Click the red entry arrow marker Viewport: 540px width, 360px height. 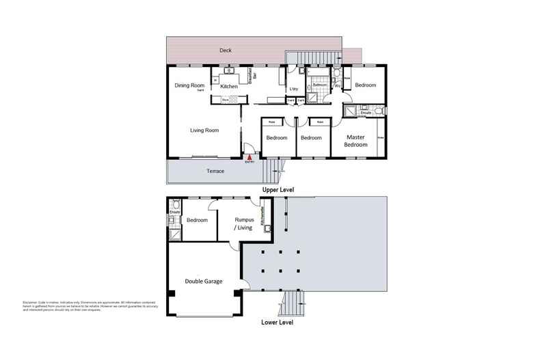[250, 157]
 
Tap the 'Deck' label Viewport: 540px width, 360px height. [225, 51]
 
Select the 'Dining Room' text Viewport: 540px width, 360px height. [189, 85]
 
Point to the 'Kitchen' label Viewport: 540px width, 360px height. [229, 87]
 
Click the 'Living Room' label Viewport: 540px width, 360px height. [204, 130]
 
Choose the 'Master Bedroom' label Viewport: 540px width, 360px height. [355, 141]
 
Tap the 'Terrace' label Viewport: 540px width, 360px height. [216, 171]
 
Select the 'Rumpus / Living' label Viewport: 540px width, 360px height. [244, 223]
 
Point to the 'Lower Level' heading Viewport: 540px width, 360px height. [278, 322]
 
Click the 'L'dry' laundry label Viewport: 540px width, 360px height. [294, 89]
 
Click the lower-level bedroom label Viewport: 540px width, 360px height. [198, 220]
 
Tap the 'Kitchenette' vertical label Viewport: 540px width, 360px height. [262, 217]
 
